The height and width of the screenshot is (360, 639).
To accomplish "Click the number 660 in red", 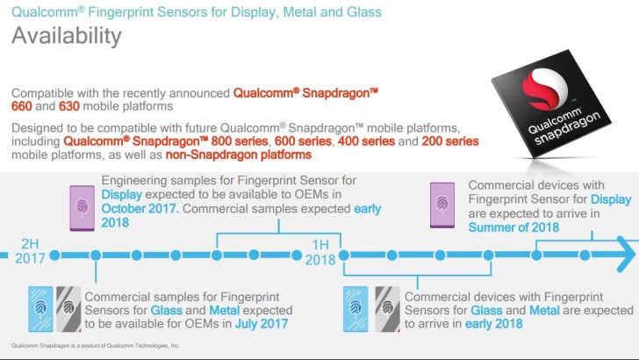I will tap(243, 105).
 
